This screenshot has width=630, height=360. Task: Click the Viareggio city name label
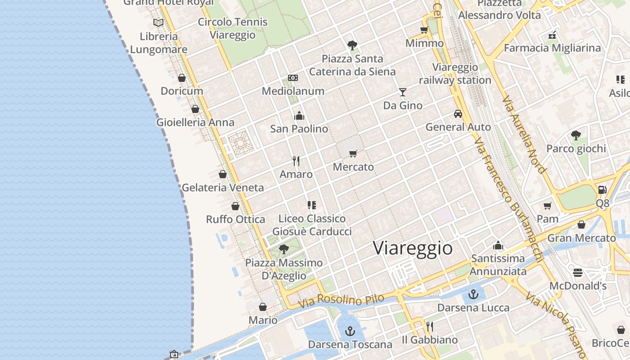[x=413, y=248]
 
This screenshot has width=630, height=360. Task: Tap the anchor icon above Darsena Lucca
[x=473, y=294]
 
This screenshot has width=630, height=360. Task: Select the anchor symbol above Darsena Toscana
[x=350, y=332]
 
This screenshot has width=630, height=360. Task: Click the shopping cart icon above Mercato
[x=353, y=154]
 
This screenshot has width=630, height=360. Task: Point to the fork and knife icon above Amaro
[x=296, y=161]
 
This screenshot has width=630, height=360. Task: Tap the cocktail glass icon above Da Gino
[x=402, y=92]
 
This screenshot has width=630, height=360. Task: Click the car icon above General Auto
[x=458, y=114]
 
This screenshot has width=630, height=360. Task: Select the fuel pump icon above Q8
[x=603, y=190]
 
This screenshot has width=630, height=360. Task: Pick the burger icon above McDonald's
[x=578, y=272]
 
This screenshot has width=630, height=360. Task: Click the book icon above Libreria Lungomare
[x=158, y=22]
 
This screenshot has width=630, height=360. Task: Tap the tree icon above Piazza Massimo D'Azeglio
[x=283, y=249]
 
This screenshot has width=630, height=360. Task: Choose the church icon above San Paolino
[x=299, y=116]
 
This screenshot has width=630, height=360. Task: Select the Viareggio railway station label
[x=455, y=74]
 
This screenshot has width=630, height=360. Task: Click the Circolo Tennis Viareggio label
[x=233, y=28]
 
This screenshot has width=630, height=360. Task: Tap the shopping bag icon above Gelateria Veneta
[x=223, y=174]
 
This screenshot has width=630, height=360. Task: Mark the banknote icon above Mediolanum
[x=293, y=78]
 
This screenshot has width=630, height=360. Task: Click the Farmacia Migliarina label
[x=552, y=48]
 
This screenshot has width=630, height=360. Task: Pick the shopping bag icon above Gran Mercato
[x=581, y=225]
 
